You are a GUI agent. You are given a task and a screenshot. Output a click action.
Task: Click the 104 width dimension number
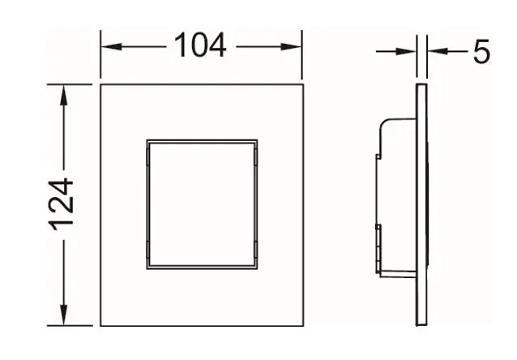[x=200, y=45]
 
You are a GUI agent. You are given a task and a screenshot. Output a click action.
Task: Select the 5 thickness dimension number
[x=481, y=51]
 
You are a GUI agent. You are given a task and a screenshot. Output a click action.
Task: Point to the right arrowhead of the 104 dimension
[x=291, y=47]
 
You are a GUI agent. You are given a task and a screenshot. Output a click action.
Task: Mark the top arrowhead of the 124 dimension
[x=64, y=96]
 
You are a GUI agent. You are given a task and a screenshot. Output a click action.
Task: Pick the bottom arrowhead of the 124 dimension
[x=64, y=315]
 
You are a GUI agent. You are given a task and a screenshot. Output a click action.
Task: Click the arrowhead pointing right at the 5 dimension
[x=405, y=51]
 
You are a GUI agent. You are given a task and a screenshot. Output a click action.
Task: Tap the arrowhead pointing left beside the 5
[x=438, y=51]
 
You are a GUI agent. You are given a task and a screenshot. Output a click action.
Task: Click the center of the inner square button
[x=202, y=204]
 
